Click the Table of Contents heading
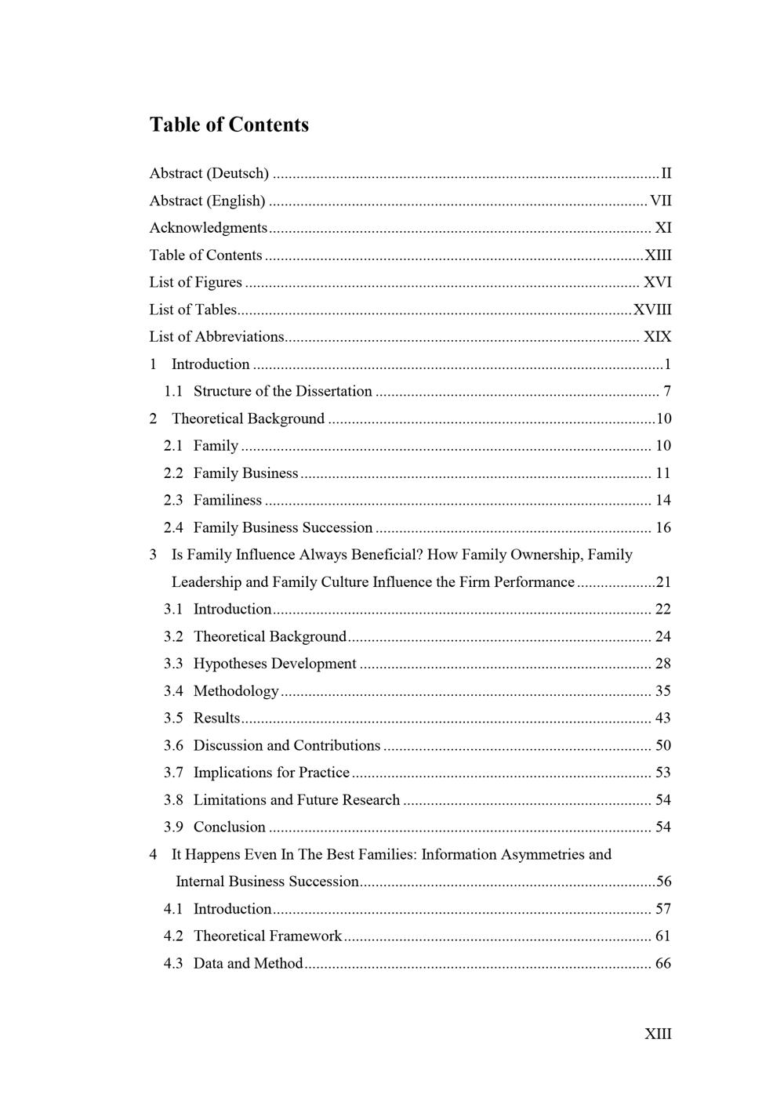point(229,125)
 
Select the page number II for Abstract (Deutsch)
point(666,173)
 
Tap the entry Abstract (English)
point(208,201)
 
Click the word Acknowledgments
point(209,228)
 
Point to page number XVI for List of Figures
point(657,282)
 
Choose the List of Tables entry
point(193,310)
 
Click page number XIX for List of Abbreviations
point(657,337)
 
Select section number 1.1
point(173,391)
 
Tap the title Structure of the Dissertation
point(283,391)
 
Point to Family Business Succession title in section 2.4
point(283,527)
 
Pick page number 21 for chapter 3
point(663,582)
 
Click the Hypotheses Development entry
point(274,664)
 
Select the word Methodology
point(236,691)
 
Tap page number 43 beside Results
point(663,718)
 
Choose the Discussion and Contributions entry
point(287,745)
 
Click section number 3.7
point(173,773)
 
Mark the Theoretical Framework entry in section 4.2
point(267,936)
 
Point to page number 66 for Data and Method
point(663,963)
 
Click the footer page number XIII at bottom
point(658,1034)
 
